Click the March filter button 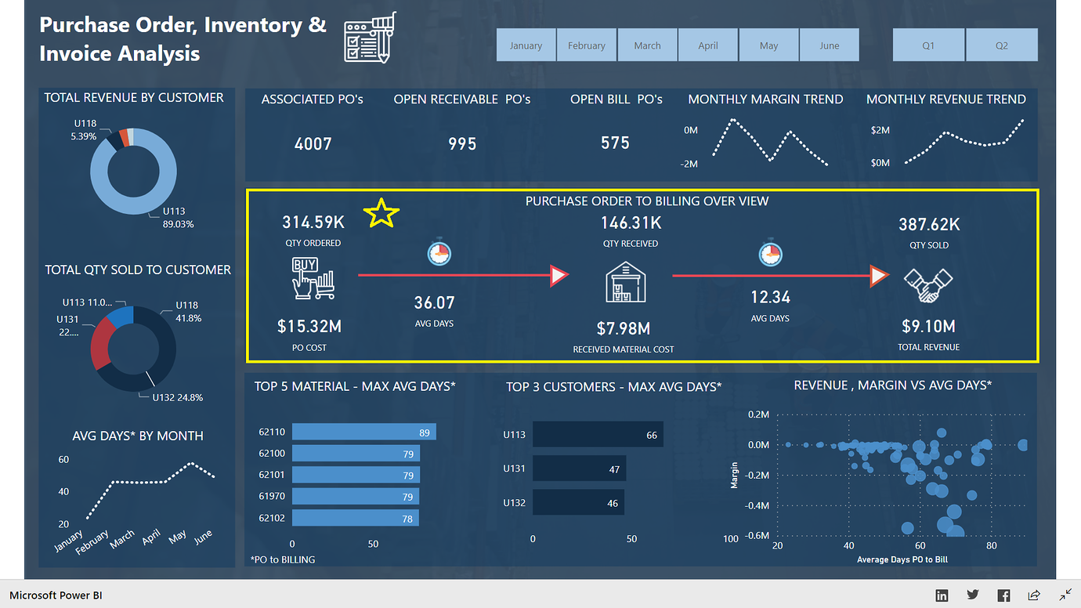point(647,45)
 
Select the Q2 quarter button point(1001,45)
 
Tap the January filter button point(526,45)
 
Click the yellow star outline point(381,213)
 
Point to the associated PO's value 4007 point(313,143)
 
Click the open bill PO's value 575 point(615,143)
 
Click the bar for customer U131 point(579,469)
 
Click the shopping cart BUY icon point(313,278)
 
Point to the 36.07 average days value point(434,302)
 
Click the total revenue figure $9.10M point(928,326)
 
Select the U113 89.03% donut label point(178,217)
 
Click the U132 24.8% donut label point(177,397)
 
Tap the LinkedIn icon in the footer point(942,595)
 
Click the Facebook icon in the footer point(1003,595)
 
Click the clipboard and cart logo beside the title point(370,38)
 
